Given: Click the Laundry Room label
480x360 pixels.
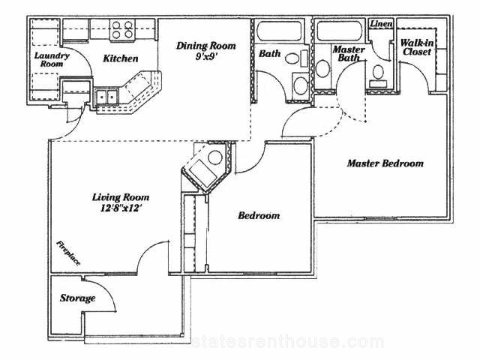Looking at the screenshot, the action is (52, 60).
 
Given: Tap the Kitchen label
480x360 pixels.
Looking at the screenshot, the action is (121, 58).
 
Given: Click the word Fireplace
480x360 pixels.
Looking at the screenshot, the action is (68, 253).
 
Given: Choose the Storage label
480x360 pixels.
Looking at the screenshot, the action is (77, 298).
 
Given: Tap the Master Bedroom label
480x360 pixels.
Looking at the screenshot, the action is (385, 163).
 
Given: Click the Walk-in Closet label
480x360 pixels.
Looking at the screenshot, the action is (417, 47).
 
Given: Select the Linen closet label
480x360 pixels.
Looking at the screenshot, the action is (381, 23).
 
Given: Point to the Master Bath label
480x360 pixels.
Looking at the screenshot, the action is (349, 53).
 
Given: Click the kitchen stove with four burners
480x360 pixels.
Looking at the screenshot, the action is (122, 29).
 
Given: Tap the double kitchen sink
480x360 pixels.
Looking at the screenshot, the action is (106, 97).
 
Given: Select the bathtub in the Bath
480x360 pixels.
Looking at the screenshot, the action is (279, 31).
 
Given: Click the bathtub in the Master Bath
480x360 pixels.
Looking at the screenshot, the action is (339, 31).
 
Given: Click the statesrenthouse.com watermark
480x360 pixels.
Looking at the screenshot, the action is (288, 341).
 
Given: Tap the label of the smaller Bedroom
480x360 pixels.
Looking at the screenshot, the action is (259, 215).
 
